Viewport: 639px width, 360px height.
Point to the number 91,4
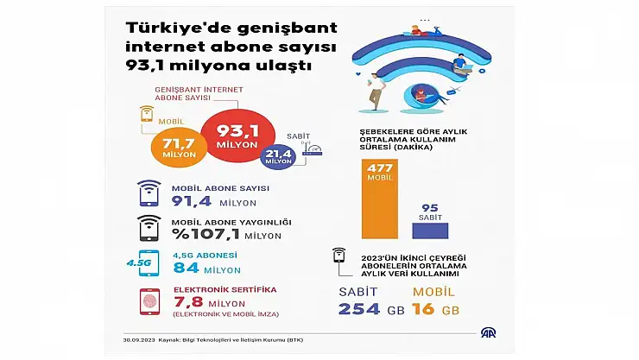(x=196, y=202)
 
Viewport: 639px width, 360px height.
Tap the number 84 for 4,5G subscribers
(x=186, y=268)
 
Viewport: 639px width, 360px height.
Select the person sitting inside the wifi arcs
(x=421, y=92)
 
